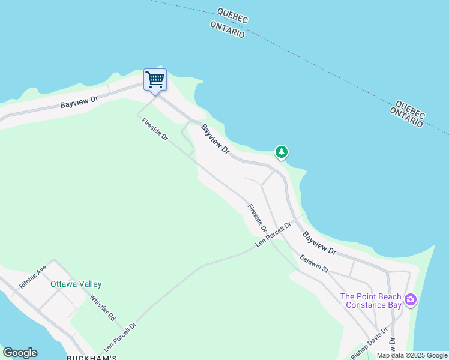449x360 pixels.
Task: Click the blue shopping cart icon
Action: click(155, 80)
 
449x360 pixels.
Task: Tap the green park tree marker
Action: click(281, 152)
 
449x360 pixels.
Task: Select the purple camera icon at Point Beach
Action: click(411, 299)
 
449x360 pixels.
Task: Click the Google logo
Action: click(20, 353)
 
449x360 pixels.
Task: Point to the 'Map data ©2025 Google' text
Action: click(412, 355)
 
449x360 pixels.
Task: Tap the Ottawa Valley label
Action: click(76, 284)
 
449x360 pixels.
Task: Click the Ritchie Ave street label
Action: click(33, 277)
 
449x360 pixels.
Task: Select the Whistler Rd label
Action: click(102, 307)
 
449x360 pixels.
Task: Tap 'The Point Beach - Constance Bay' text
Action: click(371, 301)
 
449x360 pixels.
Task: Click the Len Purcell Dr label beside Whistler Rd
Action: click(120, 337)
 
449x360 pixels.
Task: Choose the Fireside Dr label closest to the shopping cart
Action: click(155, 130)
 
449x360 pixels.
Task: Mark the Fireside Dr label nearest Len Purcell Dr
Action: click(257, 218)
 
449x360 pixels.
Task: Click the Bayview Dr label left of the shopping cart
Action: click(79, 103)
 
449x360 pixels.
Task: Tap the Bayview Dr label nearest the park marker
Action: click(215, 139)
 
